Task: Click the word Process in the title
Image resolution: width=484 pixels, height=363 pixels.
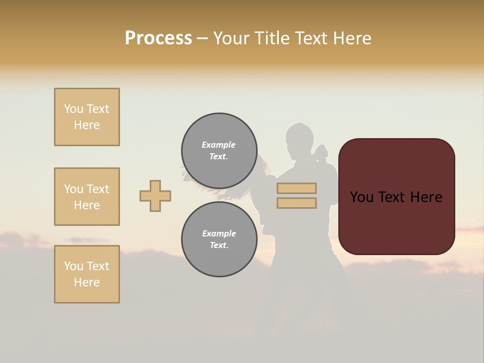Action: (x=158, y=38)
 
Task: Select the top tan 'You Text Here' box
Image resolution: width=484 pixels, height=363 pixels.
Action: (x=87, y=117)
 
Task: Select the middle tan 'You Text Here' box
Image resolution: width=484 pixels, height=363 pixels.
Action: (x=87, y=197)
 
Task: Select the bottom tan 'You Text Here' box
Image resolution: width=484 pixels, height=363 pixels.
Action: (x=87, y=274)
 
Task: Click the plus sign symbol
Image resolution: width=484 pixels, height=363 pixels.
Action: (x=155, y=196)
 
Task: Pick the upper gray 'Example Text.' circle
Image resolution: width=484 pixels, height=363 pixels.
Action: (x=219, y=151)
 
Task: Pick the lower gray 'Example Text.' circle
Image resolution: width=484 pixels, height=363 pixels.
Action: (x=219, y=239)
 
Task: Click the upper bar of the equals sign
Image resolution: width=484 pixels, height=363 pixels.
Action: (x=296, y=189)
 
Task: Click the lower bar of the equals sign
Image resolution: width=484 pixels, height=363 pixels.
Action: (x=296, y=203)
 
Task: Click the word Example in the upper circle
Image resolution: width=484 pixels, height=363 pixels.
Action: (x=219, y=145)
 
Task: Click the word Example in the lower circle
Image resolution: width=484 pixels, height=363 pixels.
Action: (x=219, y=233)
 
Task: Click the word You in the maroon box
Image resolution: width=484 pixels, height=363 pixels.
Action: (x=361, y=197)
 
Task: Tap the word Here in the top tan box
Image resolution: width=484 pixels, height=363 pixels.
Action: (x=87, y=125)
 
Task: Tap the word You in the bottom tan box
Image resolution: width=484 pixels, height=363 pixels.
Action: (x=74, y=266)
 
